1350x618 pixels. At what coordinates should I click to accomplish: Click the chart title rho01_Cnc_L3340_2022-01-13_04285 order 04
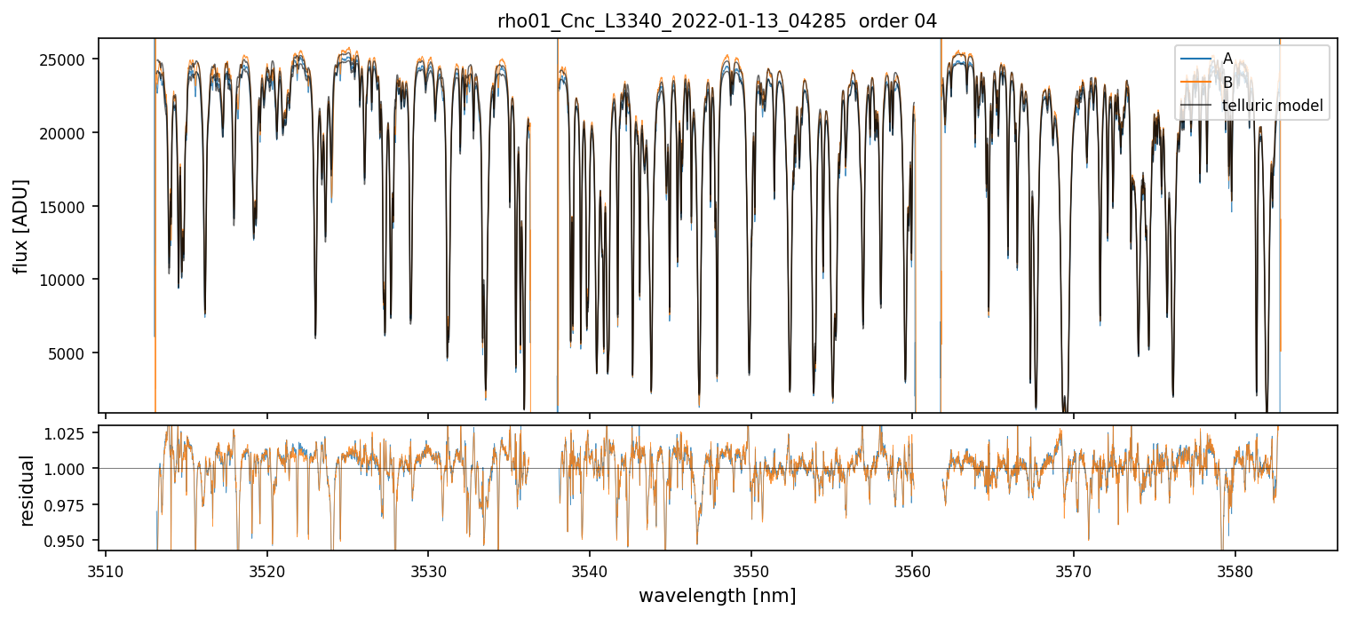717,21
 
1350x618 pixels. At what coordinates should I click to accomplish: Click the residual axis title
28,490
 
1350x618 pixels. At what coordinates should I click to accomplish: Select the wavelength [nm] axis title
717,595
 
